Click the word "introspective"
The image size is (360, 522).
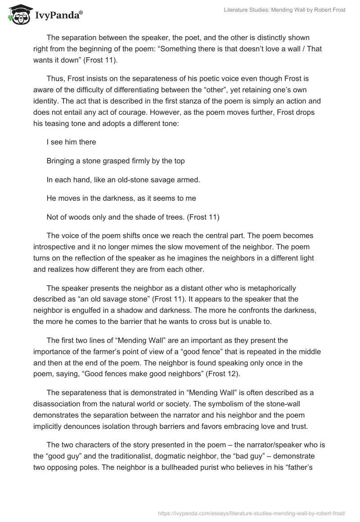point(56,247)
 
